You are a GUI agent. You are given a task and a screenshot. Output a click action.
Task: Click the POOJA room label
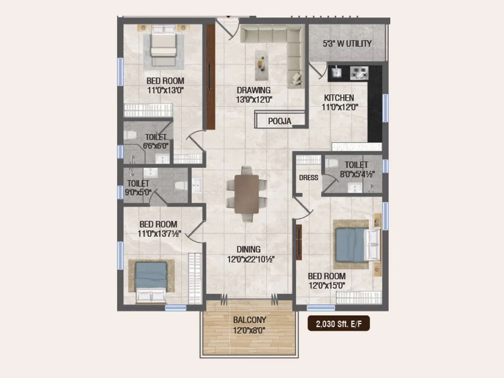(x=279, y=121)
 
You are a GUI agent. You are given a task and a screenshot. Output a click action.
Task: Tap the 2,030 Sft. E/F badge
(x=339, y=324)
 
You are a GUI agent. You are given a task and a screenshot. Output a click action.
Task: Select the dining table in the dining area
(x=247, y=194)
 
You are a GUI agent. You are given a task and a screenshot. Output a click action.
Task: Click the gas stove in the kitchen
(x=359, y=73)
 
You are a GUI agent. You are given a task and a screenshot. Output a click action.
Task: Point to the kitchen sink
(x=336, y=72)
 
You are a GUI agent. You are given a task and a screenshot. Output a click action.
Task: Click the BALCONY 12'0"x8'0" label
(x=249, y=325)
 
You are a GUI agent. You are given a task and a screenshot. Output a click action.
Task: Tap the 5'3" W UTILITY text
(x=347, y=44)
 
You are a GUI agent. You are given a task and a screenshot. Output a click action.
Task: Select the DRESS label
(x=308, y=178)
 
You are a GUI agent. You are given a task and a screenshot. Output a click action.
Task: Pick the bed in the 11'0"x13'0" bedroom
(x=163, y=46)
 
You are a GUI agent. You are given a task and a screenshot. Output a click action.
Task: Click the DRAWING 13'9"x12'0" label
(x=254, y=95)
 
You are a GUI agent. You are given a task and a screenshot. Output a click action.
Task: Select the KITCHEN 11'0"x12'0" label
(x=339, y=102)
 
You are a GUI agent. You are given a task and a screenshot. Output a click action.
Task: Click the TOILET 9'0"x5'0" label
(x=138, y=188)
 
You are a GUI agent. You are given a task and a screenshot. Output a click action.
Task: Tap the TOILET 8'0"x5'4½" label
(x=357, y=169)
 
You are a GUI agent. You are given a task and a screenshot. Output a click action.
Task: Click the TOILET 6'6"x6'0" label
(x=156, y=141)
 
